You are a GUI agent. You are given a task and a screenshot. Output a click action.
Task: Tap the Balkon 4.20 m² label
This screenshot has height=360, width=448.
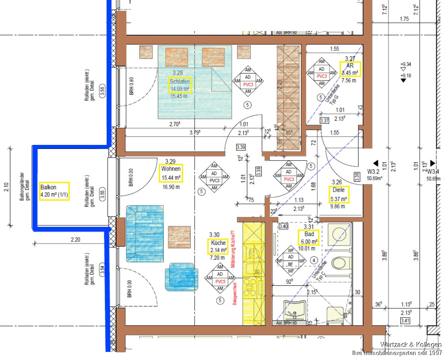click(54, 191)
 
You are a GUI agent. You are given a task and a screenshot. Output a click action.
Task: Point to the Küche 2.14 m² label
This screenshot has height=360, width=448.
click(218, 246)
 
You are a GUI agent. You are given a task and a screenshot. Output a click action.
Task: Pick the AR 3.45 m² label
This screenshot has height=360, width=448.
click(349, 69)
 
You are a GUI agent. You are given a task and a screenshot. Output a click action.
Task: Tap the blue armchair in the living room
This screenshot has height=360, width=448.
click(181, 274)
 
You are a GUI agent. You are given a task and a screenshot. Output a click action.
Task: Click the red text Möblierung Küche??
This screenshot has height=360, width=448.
click(233, 250)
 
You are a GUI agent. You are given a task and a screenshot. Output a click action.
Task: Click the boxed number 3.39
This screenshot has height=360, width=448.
click(241, 147)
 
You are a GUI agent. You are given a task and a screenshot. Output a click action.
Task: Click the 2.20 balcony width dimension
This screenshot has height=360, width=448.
click(75, 240)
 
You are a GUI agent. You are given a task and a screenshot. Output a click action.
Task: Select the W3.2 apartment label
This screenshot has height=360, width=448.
click(374, 171)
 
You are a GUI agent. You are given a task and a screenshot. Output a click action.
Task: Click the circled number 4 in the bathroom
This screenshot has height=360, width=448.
click(314, 260)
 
